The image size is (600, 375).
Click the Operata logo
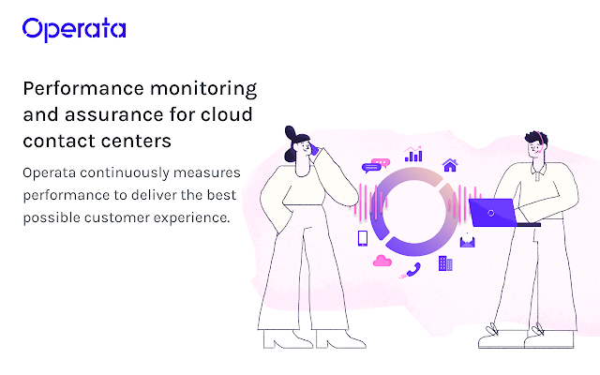(x=74, y=29)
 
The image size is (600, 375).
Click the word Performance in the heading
(x=83, y=88)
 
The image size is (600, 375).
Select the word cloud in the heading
(x=227, y=114)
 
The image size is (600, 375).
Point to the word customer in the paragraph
(x=117, y=217)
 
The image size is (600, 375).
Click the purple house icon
(x=450, y=165)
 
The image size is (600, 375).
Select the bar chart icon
(x=413, y=154)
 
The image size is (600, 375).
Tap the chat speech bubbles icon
(x=376, y=166)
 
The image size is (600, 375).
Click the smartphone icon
(x=363, y=238)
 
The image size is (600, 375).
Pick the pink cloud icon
(x=382, y=261)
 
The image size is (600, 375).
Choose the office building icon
(x=445, y=263)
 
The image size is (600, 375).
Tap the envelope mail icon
(x=467, y=241)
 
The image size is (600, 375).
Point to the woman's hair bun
(x=291, y=133)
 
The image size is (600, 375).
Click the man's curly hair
(x=536, y=138)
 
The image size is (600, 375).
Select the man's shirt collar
(x=538, y=171)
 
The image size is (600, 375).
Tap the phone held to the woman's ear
(x=315, y=149)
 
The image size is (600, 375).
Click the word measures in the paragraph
(x=206, y=172)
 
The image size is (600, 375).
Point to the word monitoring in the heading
(x=203, y=89)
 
